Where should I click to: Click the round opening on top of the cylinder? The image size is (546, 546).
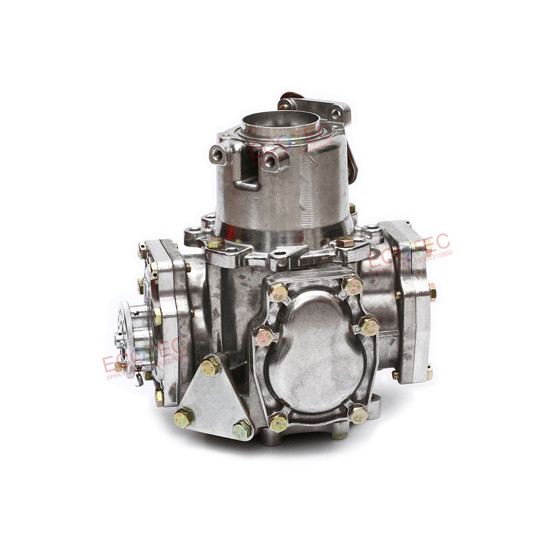280,122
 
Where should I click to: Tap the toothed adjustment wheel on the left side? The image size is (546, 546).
127,339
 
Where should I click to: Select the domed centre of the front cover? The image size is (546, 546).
317,349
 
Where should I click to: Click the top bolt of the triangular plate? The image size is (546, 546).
210,366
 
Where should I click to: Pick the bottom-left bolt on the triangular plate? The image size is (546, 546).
183,418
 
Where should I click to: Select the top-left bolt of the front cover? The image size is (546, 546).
278,292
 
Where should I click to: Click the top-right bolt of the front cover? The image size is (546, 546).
353,284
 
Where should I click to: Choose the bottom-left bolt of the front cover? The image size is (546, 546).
278,422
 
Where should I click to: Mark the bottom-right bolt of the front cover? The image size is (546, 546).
358,414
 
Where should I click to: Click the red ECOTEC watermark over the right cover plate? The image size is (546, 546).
410,250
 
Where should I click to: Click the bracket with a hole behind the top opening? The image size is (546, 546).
333,112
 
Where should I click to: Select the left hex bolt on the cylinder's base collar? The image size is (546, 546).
216,244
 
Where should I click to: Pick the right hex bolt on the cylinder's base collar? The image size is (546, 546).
345,242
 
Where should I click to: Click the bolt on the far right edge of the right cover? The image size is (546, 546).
432,292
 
